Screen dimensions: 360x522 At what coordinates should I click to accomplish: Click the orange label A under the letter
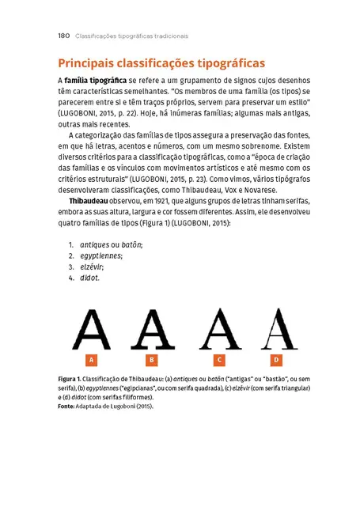click(92, 360)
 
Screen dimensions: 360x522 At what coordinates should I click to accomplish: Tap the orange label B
click(153, 360)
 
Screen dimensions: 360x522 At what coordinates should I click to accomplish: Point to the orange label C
click(219, 360)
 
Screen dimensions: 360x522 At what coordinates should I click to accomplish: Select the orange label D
click(276, 360)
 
